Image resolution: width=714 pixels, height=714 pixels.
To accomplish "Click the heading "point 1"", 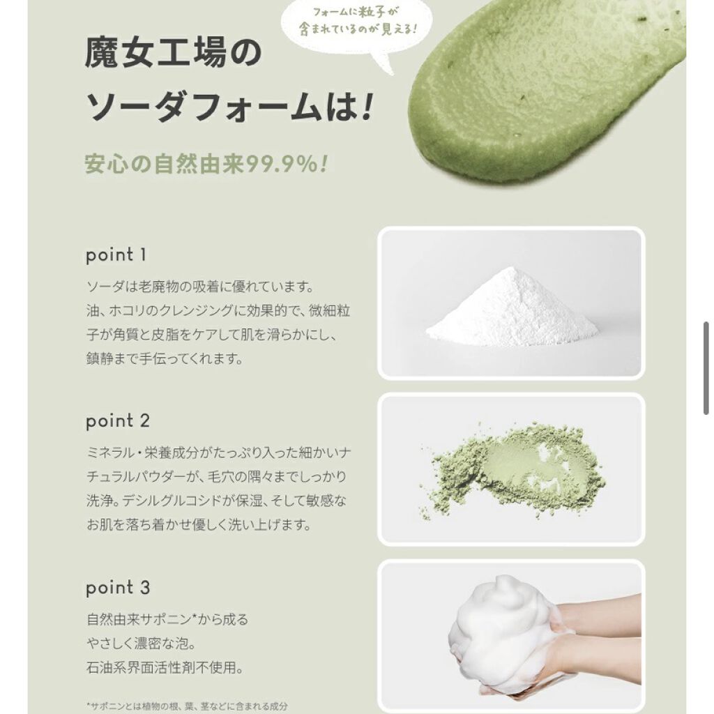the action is (x=116, y=255).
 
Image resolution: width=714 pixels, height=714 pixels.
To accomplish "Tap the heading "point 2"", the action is (x=118, y=421).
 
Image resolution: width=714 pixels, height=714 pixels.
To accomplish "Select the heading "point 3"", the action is (x=118, y=588).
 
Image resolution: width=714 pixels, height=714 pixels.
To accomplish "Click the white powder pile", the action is (x=512, y=307).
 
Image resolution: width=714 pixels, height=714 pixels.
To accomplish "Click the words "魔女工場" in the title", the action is (x=155, y=52).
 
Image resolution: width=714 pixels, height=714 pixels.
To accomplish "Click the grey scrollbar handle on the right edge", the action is (x=706, y=368).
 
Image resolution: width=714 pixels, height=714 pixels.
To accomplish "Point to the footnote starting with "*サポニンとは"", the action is (x=187, y=706).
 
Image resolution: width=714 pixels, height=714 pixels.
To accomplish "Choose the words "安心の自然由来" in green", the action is (x=165, y=165).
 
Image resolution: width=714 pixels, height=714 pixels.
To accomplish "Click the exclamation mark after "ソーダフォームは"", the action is (x=367, y=107).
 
